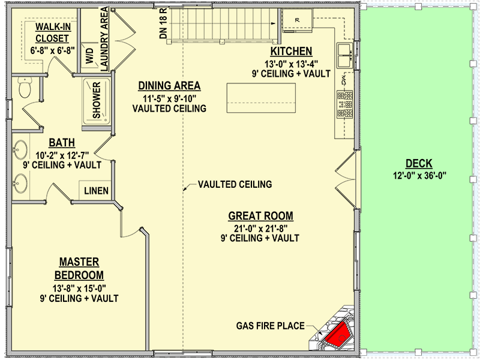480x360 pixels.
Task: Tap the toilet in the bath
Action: point(25,89)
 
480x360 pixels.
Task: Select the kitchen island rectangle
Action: point(262,98)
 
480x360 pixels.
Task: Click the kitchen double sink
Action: point(344,55)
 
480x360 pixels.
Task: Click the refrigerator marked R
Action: point(298,20)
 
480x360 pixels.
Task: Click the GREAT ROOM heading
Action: point(260,216)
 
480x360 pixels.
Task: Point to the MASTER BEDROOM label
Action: point(79,269)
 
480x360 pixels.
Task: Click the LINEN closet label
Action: point(96,191)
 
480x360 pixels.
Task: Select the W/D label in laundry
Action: point(89,56)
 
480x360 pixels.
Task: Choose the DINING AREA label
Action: point(169,86)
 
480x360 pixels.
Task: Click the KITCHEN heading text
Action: point(291,51)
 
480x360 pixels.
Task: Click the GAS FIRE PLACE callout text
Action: point(269,326)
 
